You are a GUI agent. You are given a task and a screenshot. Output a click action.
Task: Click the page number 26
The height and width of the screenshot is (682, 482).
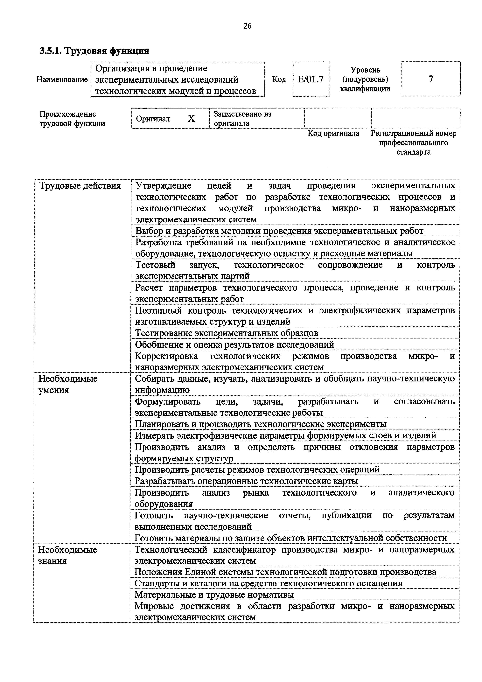click(247, 26)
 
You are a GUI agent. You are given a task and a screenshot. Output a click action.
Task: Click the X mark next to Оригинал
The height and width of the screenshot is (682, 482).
click(191, 119)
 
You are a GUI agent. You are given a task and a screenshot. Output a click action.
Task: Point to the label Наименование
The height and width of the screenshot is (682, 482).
click(62, 80)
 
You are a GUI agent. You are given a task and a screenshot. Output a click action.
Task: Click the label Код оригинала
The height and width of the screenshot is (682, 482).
click(333, 133)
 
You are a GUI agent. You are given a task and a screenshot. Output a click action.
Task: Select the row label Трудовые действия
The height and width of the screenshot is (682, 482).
click(80, 186)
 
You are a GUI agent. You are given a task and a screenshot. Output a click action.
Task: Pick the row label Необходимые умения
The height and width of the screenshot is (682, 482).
click(68, 384)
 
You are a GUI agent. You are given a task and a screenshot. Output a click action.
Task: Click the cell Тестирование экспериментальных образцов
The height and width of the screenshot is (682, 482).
click(227, 333)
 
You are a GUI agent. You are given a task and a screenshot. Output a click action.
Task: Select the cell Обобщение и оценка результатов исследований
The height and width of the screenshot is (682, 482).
click(235, 344)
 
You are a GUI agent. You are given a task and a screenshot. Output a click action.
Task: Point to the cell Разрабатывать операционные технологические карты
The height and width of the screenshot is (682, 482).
click(246, 481)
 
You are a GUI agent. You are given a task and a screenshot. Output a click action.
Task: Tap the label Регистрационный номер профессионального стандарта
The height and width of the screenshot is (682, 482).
click(413, 143)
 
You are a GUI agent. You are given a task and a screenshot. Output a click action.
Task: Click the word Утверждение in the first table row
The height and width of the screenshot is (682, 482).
click(163, 186)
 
